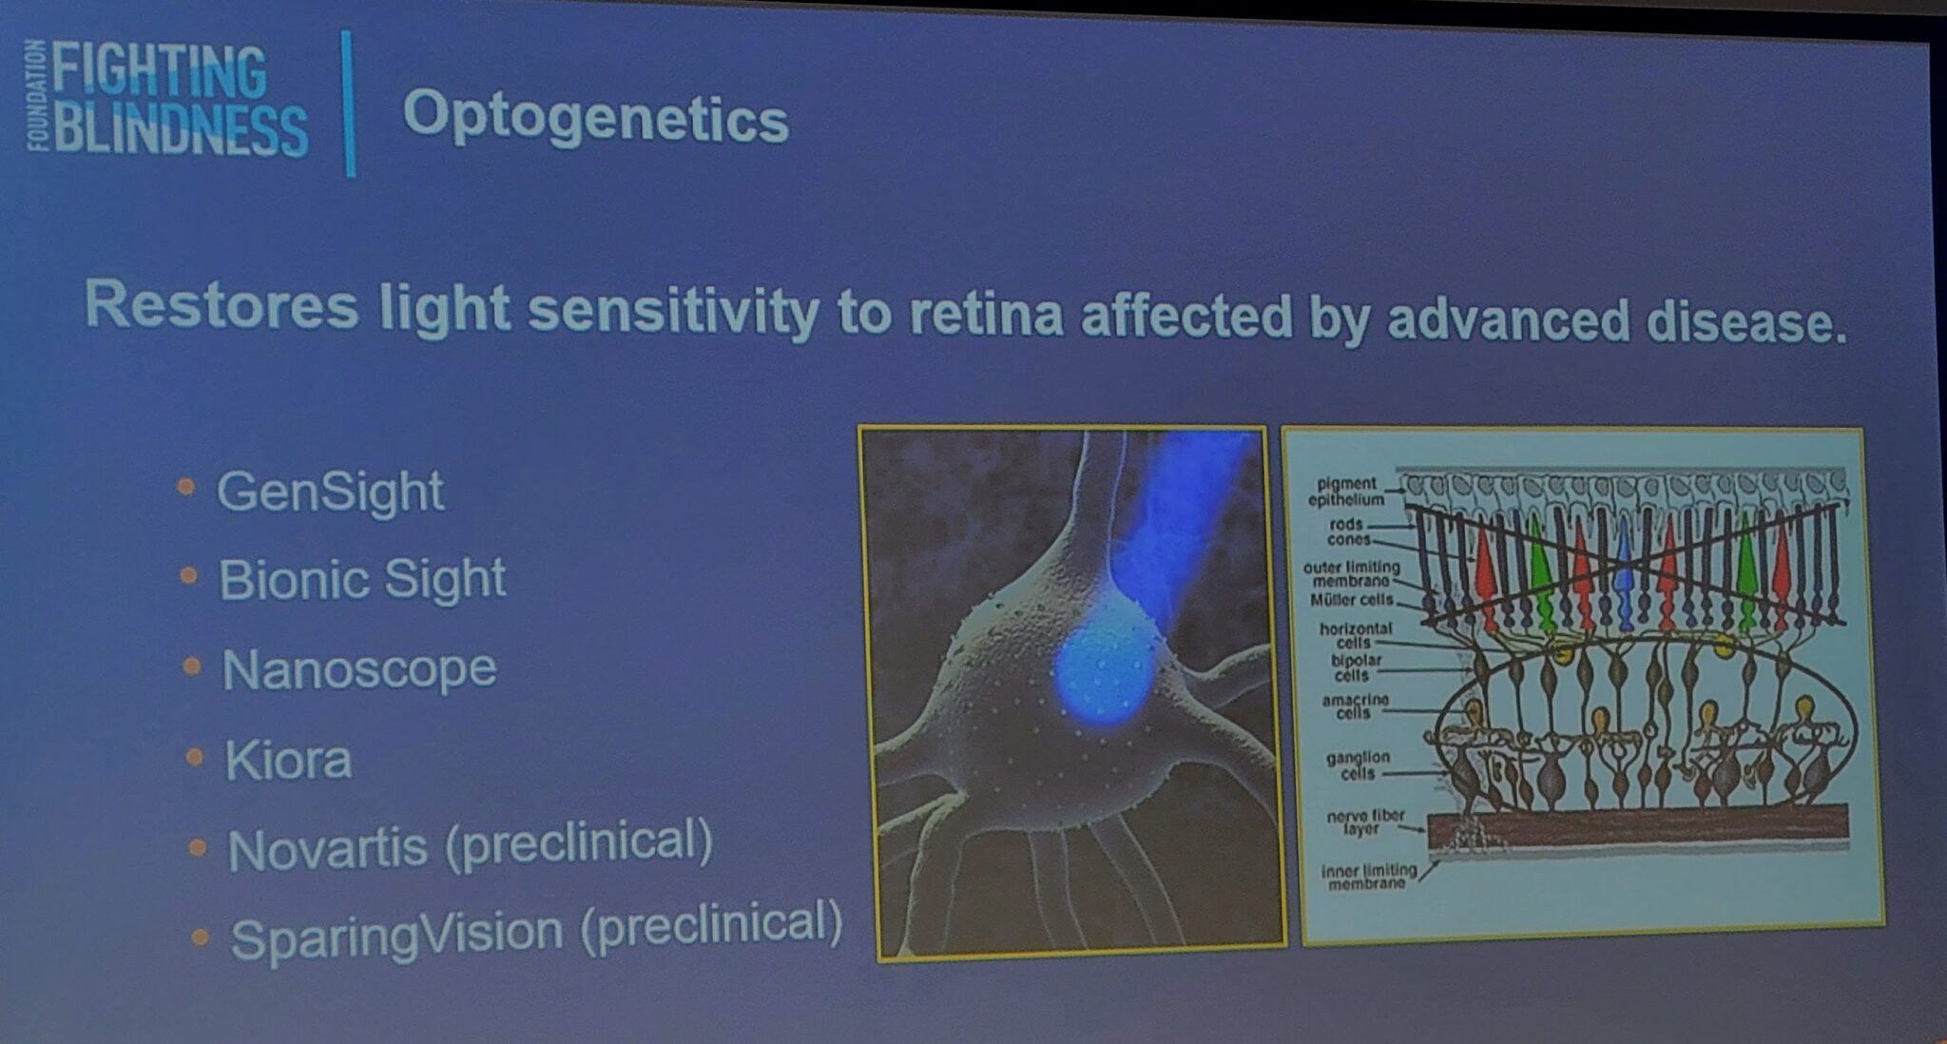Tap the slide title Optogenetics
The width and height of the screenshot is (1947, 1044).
click(x=595, y=118)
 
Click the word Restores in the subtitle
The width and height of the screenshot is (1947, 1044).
click(x=222, y=306)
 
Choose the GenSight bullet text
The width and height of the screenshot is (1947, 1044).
click(x=330, y=492)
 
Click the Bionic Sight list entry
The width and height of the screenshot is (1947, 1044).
click(x=362, y=579)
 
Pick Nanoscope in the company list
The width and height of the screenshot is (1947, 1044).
click(x=359, y=669)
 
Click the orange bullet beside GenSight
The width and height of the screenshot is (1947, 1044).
click(x=186, y=488)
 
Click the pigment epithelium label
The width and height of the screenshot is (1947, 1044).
click(x=1345, y=492)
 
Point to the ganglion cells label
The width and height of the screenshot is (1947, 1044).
click(x=1358, y=765)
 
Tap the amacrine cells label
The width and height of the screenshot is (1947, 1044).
click(x=1355, y=706)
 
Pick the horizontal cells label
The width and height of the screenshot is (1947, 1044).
click(x=1356, y=635)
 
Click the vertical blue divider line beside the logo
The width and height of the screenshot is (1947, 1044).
click(x=348, y=104)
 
